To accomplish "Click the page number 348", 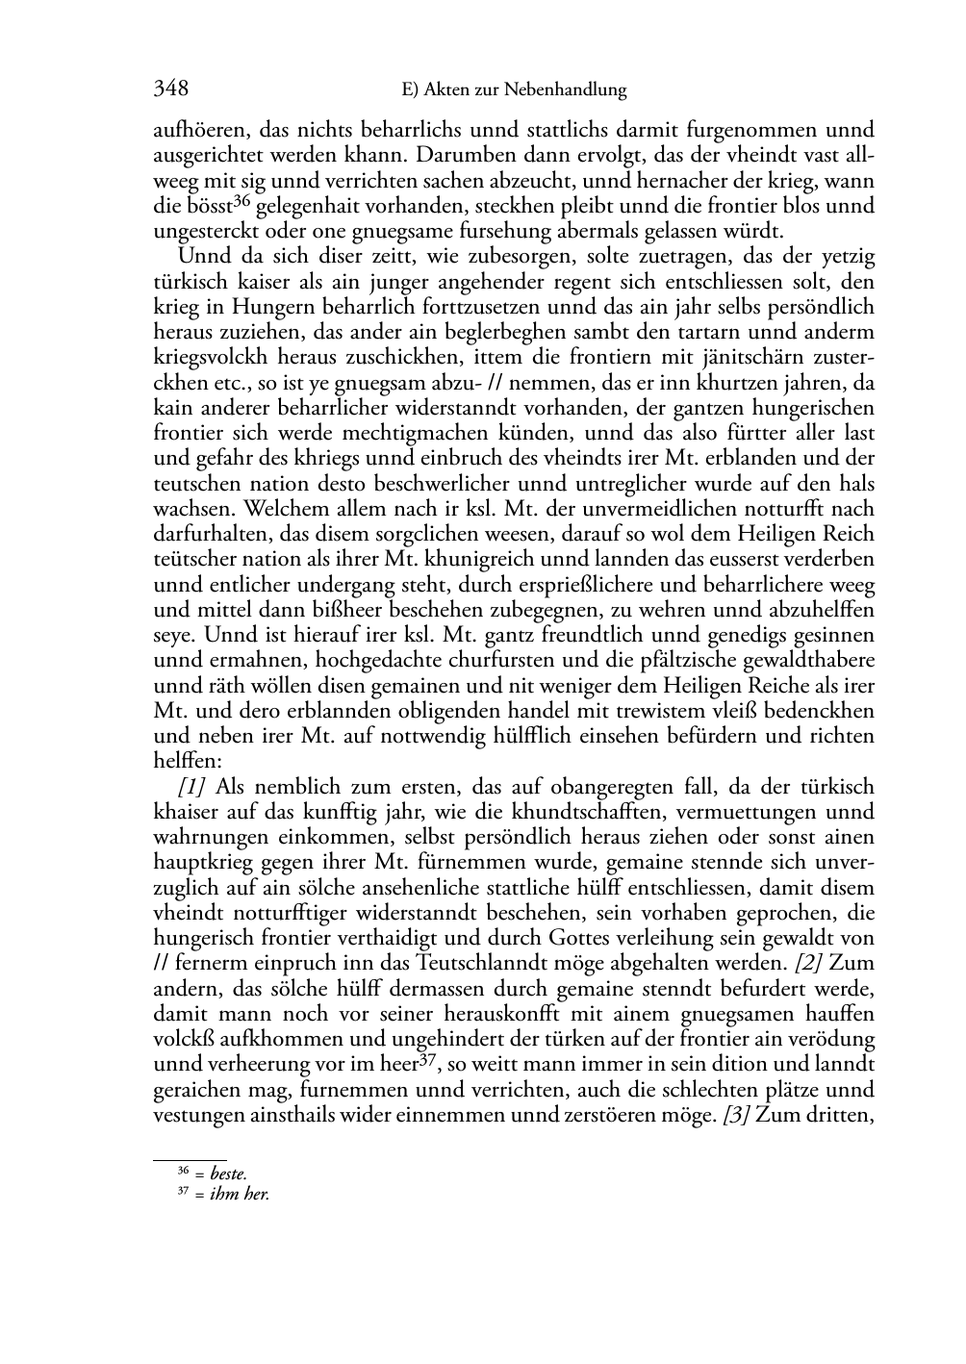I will (170, 89).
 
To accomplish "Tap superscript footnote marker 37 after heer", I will (429, 1059).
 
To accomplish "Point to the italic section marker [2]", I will (810, 963).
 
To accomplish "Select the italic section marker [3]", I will (738, 1116).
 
